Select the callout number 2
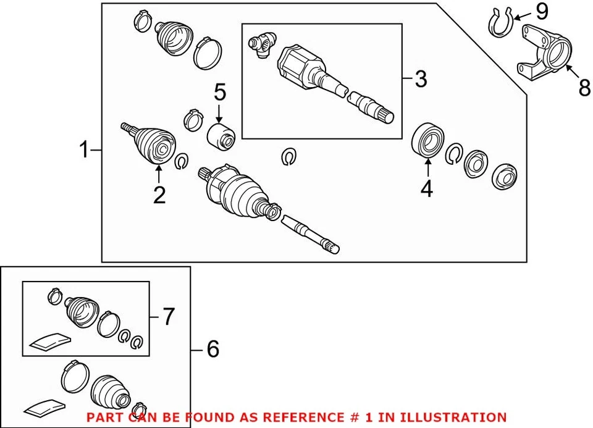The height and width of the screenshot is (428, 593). (159, 195)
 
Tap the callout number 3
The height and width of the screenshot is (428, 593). (421, 78)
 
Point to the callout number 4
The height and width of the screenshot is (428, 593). (426, 190)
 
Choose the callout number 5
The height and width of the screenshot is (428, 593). (221, 93)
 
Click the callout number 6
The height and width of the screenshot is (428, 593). (212, 350)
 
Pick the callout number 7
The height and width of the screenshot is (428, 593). (168, 317)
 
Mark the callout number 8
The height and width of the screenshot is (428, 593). (584, 88)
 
